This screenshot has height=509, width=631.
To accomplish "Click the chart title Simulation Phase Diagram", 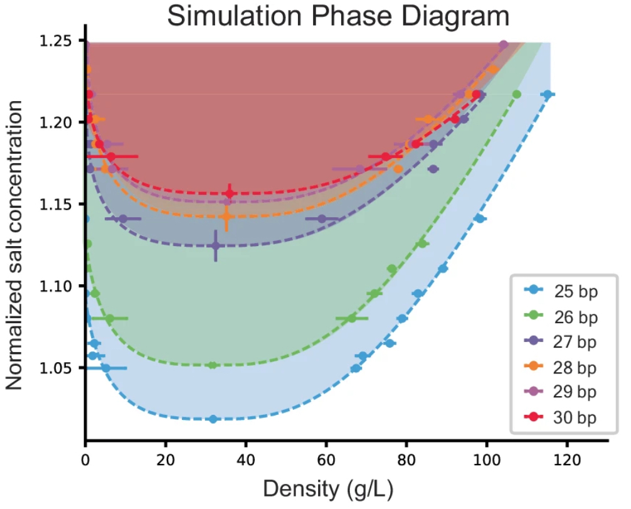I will (x=338, y=18).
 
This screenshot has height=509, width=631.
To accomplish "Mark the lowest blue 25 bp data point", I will (x=213, y=419).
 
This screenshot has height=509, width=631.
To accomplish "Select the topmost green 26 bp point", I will (x=517, y=94).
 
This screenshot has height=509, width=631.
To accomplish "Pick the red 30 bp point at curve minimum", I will (x=230, y=193).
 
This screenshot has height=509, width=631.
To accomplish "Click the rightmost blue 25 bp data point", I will (x=548, y=94).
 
